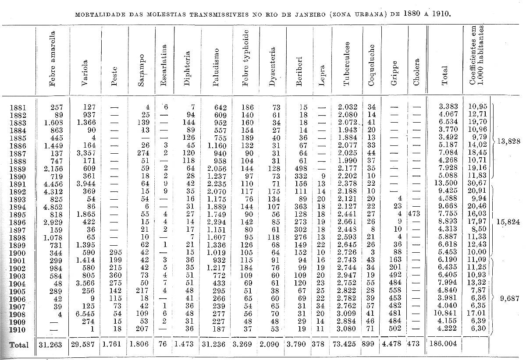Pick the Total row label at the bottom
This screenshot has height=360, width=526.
(19, 345)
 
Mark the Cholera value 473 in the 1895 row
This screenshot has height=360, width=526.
(416, 214)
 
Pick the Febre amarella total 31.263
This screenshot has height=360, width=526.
(52, 345)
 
